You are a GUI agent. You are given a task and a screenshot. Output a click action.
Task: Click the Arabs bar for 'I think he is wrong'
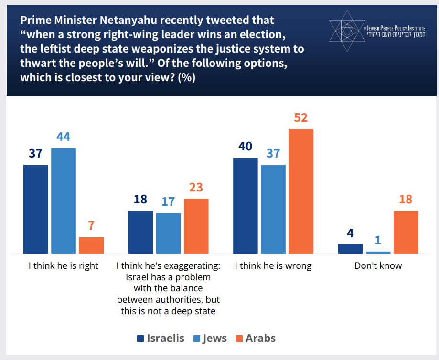pyautogui.click(x=301, y=191)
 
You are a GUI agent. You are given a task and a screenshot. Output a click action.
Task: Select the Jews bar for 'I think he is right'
pyautogui.click(x=64, y=201)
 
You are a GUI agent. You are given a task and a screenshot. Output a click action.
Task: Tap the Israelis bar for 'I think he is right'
pyautogui.click(x=36, y=209)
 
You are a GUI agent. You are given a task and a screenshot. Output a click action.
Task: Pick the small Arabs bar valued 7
pyautogui.click(x=91, y=245)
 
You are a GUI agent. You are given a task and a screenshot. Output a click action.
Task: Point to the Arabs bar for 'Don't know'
pyautogui.click(x=406, y=232)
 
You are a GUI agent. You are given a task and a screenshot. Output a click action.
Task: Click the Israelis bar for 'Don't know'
pyautogui.click(x=350, y=249)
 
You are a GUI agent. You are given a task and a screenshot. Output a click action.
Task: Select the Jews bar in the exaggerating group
pyautogui.click(x=168, y=233)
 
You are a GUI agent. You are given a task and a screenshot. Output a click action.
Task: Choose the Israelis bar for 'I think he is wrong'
pyautogui.click(x=245, y=205)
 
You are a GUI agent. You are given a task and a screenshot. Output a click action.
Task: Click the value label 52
pyautogui.click(x=300, y=117)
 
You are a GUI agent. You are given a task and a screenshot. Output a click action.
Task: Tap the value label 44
pyautogui.click(x=64, y=137)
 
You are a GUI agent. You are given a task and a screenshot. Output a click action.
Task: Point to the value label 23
pyautogui.click(x=196, y=187)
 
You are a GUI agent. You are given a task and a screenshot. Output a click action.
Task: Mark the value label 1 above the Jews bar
pyautogui.click(x=378, y=240)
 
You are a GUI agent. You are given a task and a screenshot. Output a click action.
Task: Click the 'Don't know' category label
pyautogui.click(x=378, y=266)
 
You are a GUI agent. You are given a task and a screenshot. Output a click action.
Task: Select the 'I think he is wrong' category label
pyautogui.click(x=273, y=266)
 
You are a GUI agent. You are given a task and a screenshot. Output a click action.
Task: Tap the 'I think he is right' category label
pyautogui.click(x=64, y=266)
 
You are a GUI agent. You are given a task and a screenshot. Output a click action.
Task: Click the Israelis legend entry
pyautogui.click(x=161, y=339)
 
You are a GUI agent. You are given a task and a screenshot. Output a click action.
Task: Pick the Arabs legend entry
pyautogui.click(x=256, y=339)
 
